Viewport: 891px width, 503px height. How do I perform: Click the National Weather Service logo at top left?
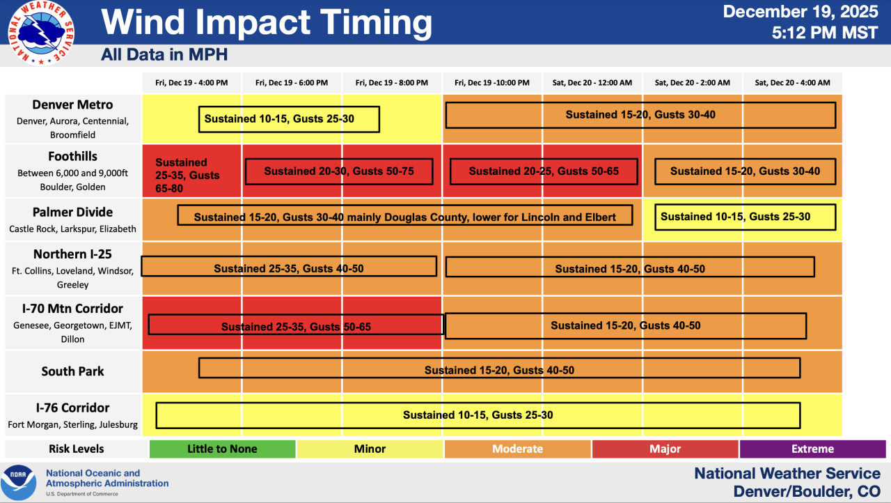click(41, 33)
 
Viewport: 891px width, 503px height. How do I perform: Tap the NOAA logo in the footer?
click(18, 481)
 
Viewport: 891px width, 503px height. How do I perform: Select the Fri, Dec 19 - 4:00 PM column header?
click(191, 82)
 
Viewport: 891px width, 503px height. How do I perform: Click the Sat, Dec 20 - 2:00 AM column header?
click(692, 82)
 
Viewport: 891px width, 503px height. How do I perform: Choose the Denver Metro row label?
click(72, 105)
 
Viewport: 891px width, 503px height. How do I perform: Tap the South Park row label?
click(72, 371)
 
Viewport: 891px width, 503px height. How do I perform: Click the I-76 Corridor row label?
click(72, 408)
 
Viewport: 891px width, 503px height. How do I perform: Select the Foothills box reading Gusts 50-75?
click(339, 171)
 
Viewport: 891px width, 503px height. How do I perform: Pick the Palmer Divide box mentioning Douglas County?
click(404, 217)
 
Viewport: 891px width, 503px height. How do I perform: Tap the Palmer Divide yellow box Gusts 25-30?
click(744, 217)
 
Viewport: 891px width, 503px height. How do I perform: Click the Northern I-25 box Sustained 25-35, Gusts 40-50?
click(288, 268)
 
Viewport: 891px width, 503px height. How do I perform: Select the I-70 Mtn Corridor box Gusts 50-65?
click(296, 326)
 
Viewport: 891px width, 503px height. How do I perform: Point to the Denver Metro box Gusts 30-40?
click(640, 115)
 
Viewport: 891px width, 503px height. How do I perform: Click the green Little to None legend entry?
click(222, 449)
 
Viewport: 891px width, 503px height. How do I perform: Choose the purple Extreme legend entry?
click(812, 449)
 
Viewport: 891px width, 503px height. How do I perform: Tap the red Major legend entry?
click(665, 449)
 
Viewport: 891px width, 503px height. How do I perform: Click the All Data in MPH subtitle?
click(164, 54)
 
